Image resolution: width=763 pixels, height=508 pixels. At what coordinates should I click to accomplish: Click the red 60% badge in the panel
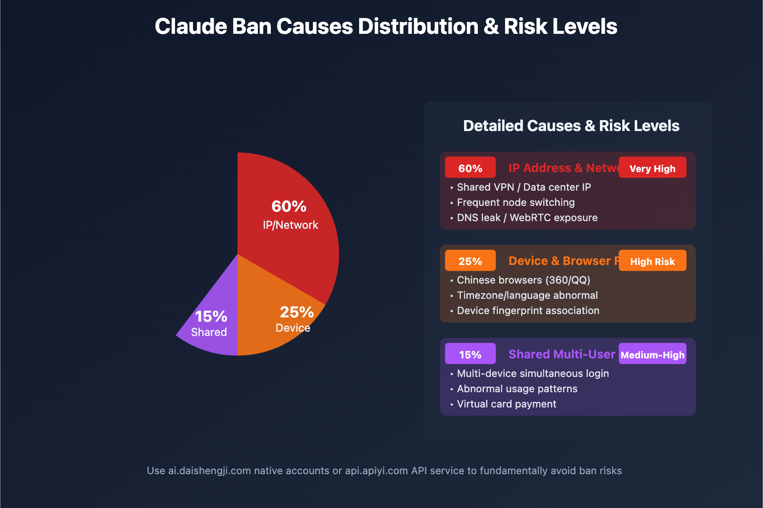click(x=470, y=168)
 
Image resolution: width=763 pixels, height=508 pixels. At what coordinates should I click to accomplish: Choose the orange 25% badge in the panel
click(x=470, y=261)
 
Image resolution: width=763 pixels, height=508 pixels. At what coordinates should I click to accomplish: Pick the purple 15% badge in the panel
click(x=470, y=354)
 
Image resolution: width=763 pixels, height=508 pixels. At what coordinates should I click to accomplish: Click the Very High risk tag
click(x=652, y=168)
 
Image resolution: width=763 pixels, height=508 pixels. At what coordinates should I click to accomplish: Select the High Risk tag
click(x=652, y=261)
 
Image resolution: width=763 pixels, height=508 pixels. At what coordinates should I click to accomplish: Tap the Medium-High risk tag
click(x=652, y=354)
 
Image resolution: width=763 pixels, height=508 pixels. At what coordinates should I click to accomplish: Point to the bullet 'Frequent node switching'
click(x=516, y=203)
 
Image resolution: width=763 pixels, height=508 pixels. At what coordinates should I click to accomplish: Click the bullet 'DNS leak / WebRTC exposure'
click(x=527, y=218)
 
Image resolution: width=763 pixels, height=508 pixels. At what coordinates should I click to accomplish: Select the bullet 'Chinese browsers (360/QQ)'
click(x=523, y=280)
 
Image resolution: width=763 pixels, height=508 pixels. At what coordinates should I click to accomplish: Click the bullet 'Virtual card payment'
click(x=506, y=404)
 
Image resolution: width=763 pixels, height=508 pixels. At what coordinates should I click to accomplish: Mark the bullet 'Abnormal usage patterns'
click(x=517, y=389)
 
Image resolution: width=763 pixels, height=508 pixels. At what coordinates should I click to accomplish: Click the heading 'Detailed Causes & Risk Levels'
click(x=571, y=126)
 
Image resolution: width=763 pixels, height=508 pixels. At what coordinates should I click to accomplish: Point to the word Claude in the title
click(x=190, y=27)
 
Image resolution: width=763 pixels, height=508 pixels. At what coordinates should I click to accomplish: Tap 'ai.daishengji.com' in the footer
click(x=209, y=471)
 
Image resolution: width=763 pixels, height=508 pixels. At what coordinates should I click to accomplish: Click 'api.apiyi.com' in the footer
click(x=376, y=471)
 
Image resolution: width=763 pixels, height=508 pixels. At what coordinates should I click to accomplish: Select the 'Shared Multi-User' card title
click(x=562, y=354)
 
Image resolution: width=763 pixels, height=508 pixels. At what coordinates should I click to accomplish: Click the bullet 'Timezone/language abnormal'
click(x=527, y=295)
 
